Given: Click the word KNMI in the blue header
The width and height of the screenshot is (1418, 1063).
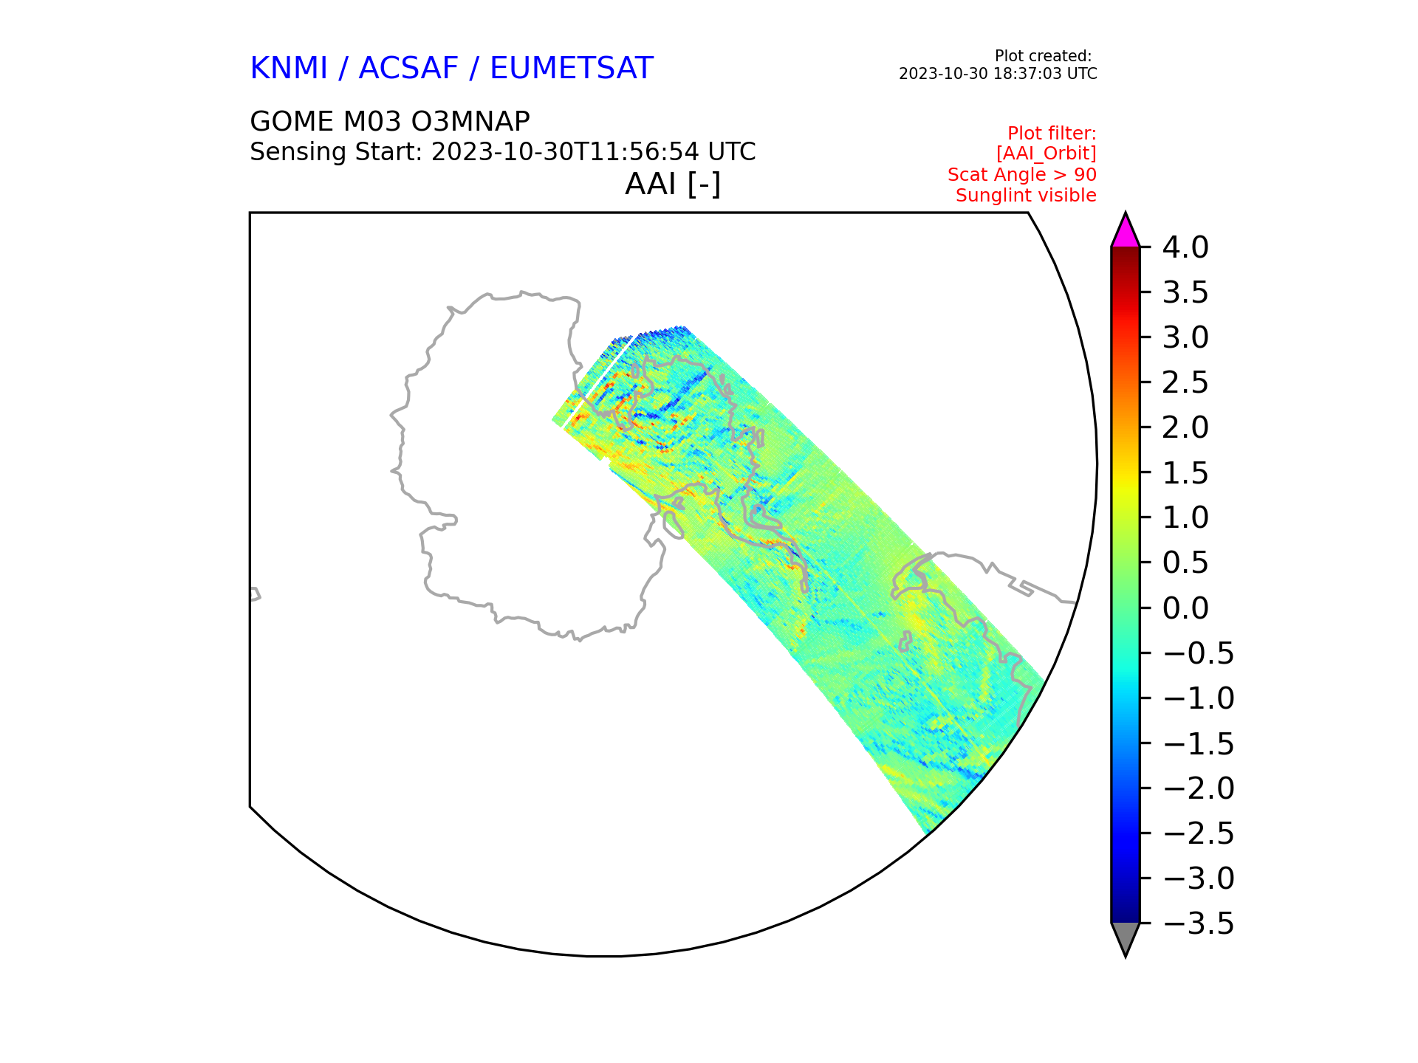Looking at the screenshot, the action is click(289, 69).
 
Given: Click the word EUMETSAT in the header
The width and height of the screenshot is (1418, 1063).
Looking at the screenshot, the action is click(572, 69).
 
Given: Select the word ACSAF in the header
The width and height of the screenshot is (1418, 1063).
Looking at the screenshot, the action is click(408, 69).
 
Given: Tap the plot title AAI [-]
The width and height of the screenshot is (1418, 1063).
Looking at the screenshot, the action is click(673, 184).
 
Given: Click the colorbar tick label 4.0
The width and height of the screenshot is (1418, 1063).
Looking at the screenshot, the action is click(1185, 247).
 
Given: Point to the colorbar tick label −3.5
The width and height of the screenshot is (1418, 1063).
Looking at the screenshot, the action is click(1199, 923).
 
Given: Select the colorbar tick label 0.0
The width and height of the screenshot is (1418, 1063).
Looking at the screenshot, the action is click(1185, 608).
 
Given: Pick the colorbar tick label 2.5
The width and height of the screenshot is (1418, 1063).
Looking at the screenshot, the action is click(1185, 382).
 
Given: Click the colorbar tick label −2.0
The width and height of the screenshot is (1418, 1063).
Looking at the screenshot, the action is click(1199, 788).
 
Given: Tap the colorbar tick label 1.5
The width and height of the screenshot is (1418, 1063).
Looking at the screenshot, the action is click(1185, 473).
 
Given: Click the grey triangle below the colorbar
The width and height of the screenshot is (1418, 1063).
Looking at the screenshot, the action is click(1126, 938).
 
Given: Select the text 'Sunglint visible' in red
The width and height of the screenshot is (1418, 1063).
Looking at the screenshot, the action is click(1026, 196).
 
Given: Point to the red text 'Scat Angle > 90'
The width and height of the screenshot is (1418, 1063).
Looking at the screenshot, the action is click(1022, 175).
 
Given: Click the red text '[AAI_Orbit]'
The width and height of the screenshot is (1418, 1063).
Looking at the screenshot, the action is click(1046, 154).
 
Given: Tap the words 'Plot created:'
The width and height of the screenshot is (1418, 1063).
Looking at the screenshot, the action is click(1043, 56).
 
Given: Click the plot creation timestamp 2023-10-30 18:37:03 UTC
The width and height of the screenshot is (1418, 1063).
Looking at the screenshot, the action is click(998, 74).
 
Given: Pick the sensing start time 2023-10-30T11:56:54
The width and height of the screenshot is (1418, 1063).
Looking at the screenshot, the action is click(565, 152).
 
